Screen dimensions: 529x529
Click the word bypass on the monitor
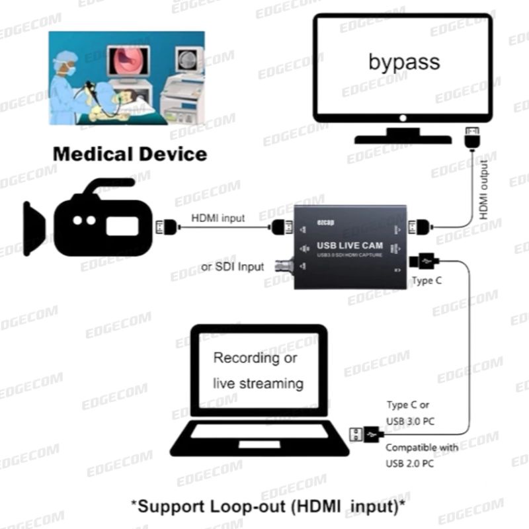[x=404, y=62]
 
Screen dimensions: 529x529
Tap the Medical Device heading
[x=130, y=155]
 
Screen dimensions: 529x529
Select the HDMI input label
[x=218, y=218]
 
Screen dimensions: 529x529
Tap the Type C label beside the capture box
[x=427, y=280]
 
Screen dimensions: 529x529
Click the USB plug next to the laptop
[x=365, y=434]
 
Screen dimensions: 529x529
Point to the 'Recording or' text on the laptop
[x=255, y=358]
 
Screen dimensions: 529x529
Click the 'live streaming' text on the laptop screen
[x=258, y=383]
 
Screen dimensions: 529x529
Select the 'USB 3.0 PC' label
[x=410, y=421]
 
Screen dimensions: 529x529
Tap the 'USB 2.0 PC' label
[x=410, y=463]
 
